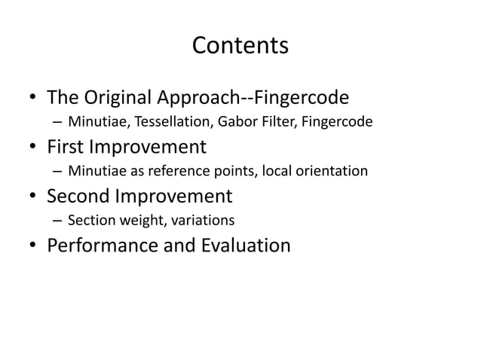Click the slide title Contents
coord(240,46)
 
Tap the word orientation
coord(332,170)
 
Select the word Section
coord(89,220)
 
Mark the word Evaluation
coord(240,246)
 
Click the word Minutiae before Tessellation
coord(94,121)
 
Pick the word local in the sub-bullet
coord(280,170)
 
